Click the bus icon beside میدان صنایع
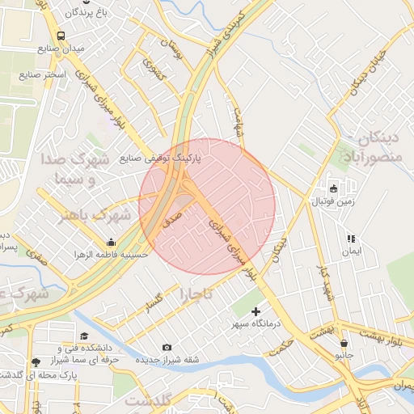tap(61, 36)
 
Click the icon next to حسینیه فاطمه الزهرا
tap(111, 241)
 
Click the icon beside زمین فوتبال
tap(333, 188)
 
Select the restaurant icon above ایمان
tap(350, 239)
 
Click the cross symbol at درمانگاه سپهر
tap(256, 311)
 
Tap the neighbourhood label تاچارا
tap(197, 294)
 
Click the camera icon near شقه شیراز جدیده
tap(167, 347)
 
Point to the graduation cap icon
tap(84, 336)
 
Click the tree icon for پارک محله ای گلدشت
tap(34, 362)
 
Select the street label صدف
tap(171, 217)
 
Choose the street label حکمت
tap(281, 334)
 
